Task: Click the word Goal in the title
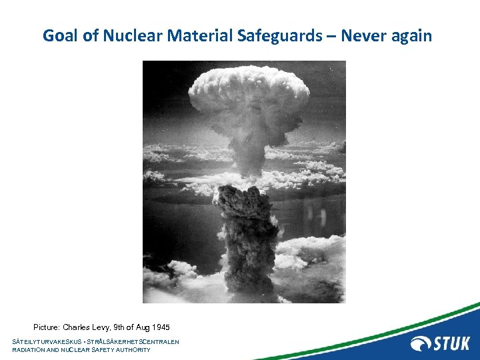(x=58, y=35)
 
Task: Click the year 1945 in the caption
(x=161, y=327)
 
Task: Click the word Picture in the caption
(x=47, y=327)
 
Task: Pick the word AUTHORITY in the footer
(x=133, y=350)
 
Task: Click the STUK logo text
(x=452, y=344)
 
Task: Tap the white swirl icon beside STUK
(x=421, y=344)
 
